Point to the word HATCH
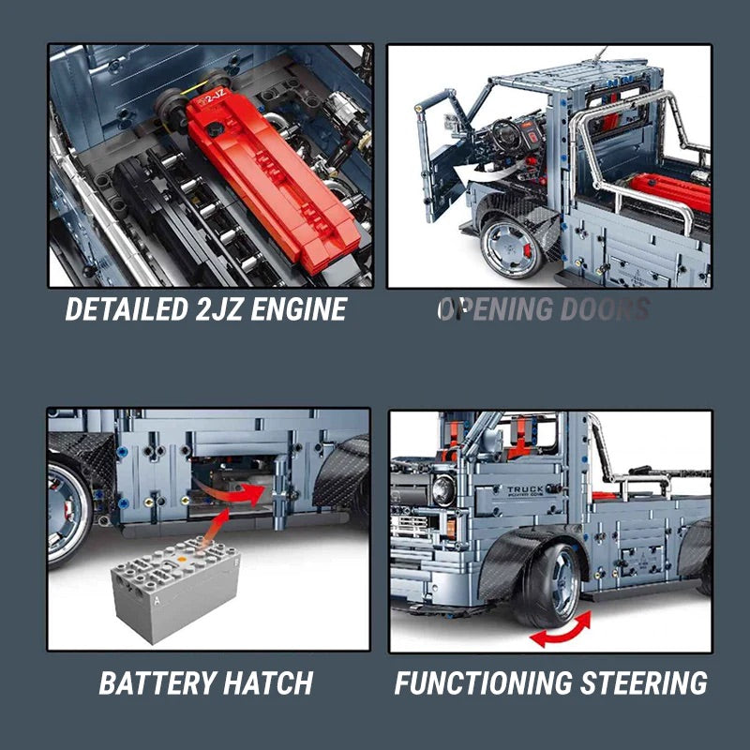pyautogui.click(x=267, y=682)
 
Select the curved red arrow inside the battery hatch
pyautogui.click(x=239, y=489)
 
